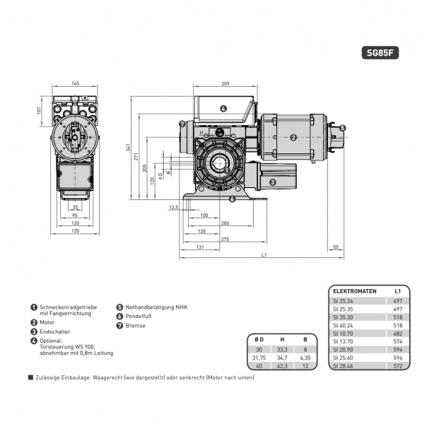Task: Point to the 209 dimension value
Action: point(225,84)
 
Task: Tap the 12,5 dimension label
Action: point(174,207)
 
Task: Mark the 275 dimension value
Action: point(225,240)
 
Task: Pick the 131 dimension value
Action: point(200,247)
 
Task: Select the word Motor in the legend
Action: point(48,322)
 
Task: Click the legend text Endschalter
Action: point(54,331)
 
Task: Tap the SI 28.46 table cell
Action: point(343,366)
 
